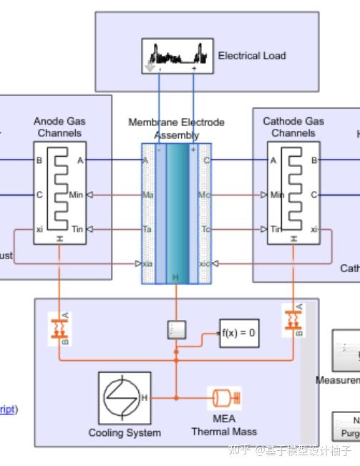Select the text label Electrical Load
tap(251, 56)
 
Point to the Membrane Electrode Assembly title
tap(176, 129)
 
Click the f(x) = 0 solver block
tap(238, 333)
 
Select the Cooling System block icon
tap(124, 398)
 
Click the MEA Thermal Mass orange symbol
tap(224, 397)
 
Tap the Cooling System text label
tap(125, 433)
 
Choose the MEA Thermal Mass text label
tap(224, 425)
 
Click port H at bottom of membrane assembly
tap(176, 277)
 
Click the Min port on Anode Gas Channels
tap(76, 195)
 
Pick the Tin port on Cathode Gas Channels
tap(277, 229)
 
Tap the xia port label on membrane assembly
tap(148, 263)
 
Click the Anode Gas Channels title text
tap(59, 127)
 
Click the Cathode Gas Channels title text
tap(293, 127)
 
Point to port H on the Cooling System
tap(145, 398)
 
